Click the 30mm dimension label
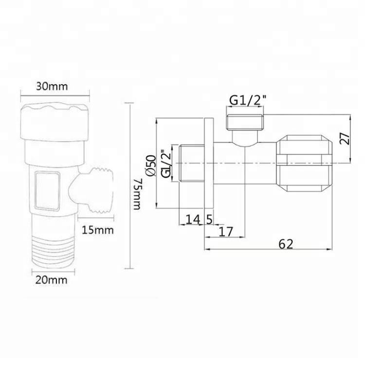(52, 87)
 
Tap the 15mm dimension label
(98, 230)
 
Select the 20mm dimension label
(51, 279)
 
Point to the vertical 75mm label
(137, 194)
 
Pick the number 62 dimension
(286, 244)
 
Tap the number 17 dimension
(226, 232)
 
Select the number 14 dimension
(193, 219)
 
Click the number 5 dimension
(209, 219)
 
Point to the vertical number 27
(345, 139)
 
